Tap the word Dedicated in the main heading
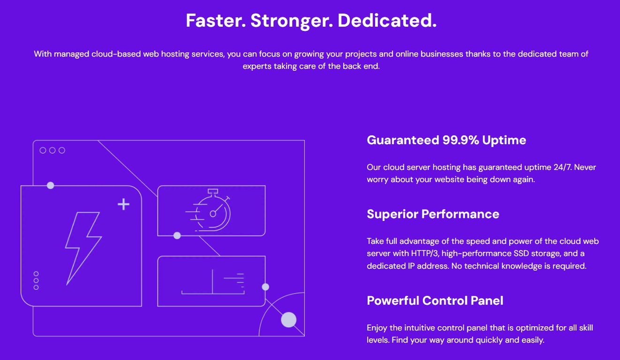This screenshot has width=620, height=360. [x=387, y=21]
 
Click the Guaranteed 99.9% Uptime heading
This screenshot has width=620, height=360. [x=446, y=140]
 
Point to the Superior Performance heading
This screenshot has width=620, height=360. [x=432, y=214]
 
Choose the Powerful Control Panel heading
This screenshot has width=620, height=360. [x=435, y=300]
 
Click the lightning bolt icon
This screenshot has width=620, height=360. [x=83, y=247]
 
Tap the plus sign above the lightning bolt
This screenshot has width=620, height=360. [x=123, y=204]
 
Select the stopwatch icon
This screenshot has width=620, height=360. [x=211, y=211]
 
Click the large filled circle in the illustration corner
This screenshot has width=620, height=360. [x=288, y=320]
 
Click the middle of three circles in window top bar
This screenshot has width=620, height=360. [x=52, y=150]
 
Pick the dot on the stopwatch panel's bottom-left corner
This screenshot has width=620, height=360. [x=177, y=236]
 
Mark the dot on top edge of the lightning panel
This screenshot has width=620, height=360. [x=51, y=186]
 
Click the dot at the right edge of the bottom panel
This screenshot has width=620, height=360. [x=265, y=287]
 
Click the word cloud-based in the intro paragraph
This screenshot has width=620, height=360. [x=118, y=54]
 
